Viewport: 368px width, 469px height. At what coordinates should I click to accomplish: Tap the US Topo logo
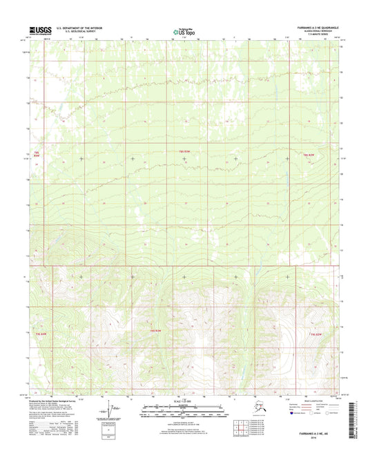[x=184, y=30]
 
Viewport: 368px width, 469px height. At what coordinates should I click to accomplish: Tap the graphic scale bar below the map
[x=184, y=408]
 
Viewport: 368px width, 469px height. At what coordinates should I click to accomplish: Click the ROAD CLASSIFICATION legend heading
[x=313, y=400]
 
